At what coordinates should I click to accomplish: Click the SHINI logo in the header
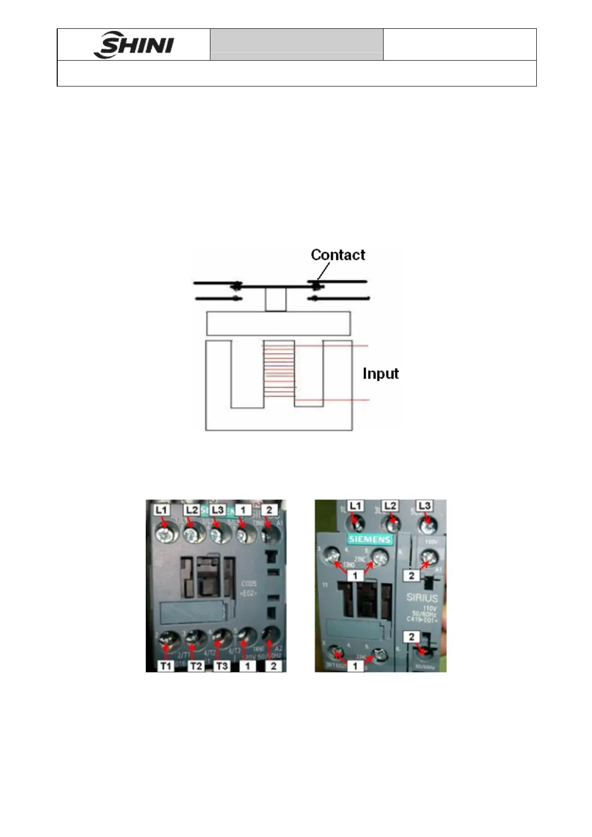coord(134,45)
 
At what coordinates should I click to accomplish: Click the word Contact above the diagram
coord(338,255)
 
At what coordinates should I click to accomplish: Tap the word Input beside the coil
coord(381,373)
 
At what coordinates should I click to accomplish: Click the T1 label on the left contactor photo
coord(166,666)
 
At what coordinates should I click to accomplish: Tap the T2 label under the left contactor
coord(196,666)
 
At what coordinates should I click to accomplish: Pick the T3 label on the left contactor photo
coord(222,666)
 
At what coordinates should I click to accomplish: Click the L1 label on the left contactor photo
coord(162,510)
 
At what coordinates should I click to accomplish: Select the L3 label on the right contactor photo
coord(424,506)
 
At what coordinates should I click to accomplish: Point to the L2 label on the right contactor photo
coord(391,506)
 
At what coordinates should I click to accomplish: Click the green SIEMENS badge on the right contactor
coord(370,539)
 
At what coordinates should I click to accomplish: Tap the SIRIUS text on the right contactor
coord(422,598)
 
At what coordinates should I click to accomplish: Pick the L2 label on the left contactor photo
coord(192,510)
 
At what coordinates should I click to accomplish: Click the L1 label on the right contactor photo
coord(355,506)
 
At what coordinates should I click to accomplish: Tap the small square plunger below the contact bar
coord(275,299)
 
